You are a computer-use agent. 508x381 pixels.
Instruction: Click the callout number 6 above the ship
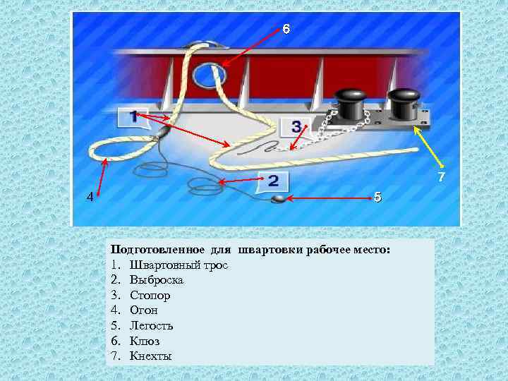(286, 29)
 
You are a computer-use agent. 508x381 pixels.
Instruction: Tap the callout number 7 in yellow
(441, 177)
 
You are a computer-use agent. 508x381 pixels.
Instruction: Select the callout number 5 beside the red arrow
(377, 197)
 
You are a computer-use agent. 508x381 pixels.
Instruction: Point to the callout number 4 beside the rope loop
(90, 197)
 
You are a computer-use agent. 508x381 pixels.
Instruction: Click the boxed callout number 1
(134, 117)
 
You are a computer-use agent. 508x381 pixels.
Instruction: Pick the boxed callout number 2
(273, 181)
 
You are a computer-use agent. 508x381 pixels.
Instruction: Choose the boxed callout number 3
(296, 126)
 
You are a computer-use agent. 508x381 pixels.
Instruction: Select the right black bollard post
(404, 104)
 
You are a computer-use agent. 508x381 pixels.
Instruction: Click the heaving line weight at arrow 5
(278, 199)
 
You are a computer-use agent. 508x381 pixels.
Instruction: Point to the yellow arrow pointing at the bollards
(428, 147)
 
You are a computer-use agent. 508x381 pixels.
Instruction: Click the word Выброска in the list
(157, 280)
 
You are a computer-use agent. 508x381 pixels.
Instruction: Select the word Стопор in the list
(150, 296)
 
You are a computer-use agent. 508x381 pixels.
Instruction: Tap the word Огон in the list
(143, 310)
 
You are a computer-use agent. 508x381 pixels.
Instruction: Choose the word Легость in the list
(151, 325)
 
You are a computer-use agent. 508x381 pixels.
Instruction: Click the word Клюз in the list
(145, 341)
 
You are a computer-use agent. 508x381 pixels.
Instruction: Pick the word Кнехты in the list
(151, 356)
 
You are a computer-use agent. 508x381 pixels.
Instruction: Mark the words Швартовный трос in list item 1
(179, 265)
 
